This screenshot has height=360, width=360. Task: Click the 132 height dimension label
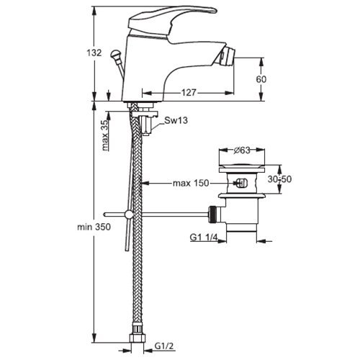click(x=94, y=53)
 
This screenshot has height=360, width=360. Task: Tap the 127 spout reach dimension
click(x=189, y=92)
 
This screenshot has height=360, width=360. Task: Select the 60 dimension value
click(x=261, y=79)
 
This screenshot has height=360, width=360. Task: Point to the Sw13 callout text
click(x=176, y=120)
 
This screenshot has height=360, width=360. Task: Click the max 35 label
click(x=106, y=135)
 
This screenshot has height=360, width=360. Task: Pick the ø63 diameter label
click(x=242, y=150)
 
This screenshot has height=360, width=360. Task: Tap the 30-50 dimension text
click(x=279, y=179)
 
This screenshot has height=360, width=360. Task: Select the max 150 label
click(x=191, y=184)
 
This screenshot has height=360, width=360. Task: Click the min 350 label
click(x=94, y=227)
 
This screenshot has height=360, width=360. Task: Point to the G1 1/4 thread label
click(x=204, y=238)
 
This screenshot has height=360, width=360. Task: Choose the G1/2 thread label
click(x=164, y=346)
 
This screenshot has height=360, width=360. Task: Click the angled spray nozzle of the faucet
click(x=225, y=55)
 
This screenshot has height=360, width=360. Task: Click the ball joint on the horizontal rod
click(x=129, y=215)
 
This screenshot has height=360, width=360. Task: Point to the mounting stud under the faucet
click(x=146, y=125)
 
